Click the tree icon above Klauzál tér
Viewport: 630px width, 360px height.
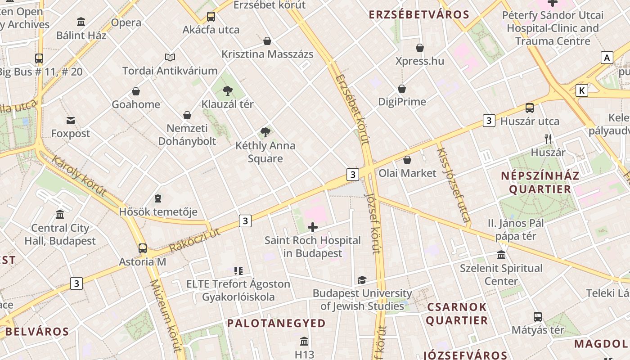pos(228,91)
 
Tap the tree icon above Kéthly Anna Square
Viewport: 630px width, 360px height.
pos(265,132)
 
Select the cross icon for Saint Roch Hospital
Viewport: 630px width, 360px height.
pos(312,227)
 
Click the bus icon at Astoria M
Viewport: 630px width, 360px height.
pos(143,248)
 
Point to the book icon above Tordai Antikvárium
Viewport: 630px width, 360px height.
pos(170,57)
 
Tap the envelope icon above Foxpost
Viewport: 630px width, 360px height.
pos(71,120)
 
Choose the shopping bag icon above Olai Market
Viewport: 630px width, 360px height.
pos(407,160)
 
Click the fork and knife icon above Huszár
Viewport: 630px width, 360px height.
pos(548,139)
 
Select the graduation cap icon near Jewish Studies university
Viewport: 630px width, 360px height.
pos(362,280)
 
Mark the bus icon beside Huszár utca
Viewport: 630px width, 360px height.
pos(530,108)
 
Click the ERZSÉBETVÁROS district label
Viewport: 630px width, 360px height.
pos(419,15)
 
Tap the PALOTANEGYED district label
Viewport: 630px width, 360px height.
pos(276,323)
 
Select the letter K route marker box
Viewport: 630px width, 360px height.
pos(582,90)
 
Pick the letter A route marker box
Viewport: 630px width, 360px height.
pos(607,58)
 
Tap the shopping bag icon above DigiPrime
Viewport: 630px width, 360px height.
pos(402,89)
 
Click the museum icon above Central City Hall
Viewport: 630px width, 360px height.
pos(60,214)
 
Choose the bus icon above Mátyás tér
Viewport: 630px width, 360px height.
pos(537,316)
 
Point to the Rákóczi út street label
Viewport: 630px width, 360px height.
pos(194,240)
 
